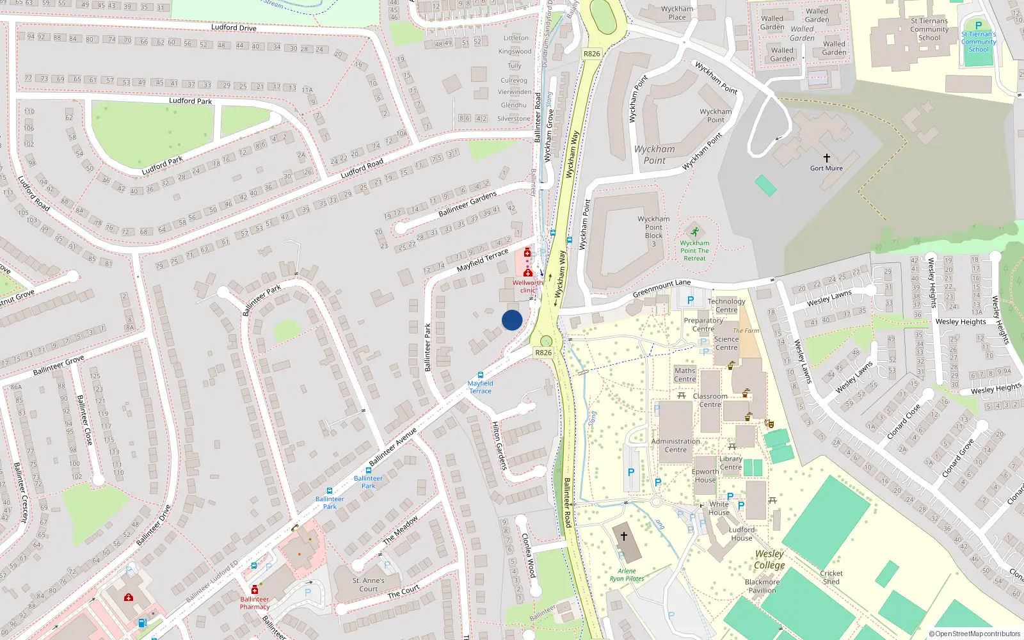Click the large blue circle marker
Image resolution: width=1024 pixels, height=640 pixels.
point(512,320)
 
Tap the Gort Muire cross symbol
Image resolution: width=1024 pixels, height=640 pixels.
point(826,157)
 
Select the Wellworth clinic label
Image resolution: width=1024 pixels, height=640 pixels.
point(527,286)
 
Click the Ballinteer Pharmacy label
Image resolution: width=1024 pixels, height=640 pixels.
point(255,603)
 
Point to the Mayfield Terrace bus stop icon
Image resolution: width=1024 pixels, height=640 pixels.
point(480,375)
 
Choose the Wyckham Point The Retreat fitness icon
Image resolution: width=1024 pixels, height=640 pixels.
point(694,232)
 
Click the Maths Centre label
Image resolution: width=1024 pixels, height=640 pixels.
point(685,374)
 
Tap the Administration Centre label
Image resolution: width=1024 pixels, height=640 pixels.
point(675,445)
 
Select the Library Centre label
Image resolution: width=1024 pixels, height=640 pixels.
point(730,463)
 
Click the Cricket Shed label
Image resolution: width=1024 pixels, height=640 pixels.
point(831,577)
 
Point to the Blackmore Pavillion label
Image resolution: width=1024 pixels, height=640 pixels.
point(762,586)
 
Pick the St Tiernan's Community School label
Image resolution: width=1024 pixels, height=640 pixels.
point(929,29)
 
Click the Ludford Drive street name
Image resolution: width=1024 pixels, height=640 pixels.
point(234,28)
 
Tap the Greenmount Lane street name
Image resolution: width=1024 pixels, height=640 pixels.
point(662,288)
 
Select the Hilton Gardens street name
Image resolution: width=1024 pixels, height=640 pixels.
point(500,445)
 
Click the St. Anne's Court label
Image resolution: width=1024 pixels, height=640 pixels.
point(368,584)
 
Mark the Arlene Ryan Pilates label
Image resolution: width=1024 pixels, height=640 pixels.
point(627,575)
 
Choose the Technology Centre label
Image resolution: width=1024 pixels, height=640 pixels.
point(726,305)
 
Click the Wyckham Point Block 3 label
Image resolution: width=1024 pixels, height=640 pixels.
point(653,231)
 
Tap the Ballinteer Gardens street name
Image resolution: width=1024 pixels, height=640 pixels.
point(467,204)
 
